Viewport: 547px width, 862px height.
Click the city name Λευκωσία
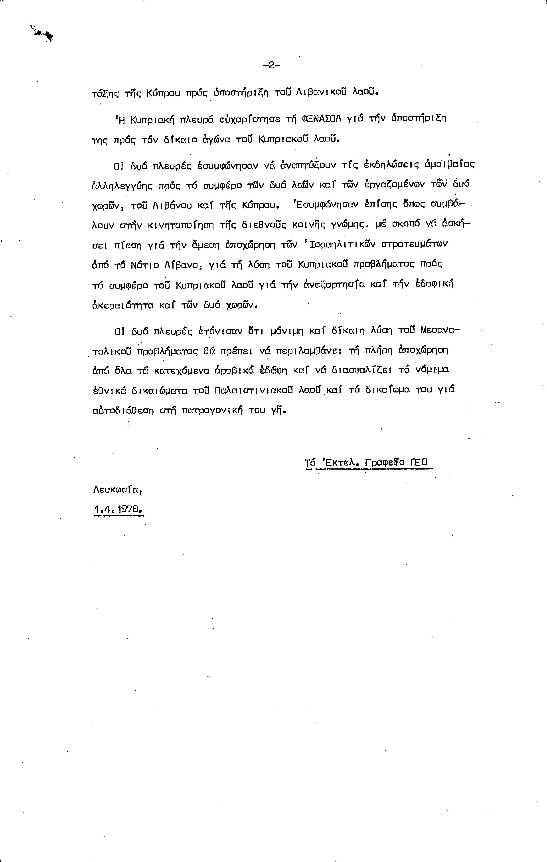click(117, 490)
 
